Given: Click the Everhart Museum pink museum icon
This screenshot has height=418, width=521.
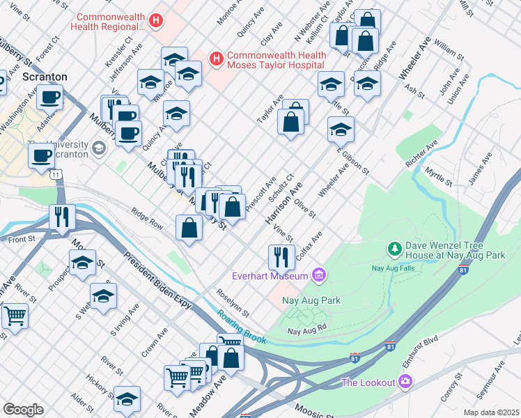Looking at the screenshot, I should [320, 276].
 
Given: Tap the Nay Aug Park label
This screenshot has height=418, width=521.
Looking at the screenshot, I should [311, 301].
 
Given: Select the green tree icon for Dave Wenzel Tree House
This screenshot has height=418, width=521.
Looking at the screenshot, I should [394, 249].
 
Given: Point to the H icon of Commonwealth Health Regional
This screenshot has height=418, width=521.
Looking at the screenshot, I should [156, 22].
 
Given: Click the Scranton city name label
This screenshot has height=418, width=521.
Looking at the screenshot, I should [45, 77].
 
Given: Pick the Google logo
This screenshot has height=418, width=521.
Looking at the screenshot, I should [23, 410].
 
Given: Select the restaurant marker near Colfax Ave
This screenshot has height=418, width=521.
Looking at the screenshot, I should [281, 256].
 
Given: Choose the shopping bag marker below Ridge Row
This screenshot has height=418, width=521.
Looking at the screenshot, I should [189, 227].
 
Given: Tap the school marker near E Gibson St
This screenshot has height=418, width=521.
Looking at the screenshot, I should [341, 129].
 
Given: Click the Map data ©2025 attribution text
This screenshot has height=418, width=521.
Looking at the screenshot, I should [490, 412].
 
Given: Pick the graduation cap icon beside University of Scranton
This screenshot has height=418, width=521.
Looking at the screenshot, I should [99, 147].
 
